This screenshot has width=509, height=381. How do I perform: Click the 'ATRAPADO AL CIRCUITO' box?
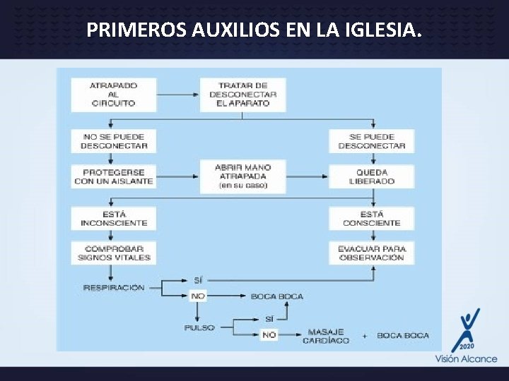click(113, 95)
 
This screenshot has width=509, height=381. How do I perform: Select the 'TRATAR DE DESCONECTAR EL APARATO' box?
click(242, 95)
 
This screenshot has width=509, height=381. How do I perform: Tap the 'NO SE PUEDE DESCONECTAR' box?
click(113, 141)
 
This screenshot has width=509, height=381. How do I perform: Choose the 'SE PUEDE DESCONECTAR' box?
click(371, 141)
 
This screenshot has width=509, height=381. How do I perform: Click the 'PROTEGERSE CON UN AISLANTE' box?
click(113, 176)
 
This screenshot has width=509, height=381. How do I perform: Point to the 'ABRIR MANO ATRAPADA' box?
click(242, 176)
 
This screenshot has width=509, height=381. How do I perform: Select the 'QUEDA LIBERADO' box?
click(371, 176)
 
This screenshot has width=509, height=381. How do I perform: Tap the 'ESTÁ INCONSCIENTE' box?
click(113, 218)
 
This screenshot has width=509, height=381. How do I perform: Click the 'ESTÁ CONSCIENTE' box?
click(371, 218)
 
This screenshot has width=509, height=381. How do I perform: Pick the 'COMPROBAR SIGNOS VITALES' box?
click(113, 253)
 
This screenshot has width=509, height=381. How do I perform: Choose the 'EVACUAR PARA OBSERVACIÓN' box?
click(371, 253)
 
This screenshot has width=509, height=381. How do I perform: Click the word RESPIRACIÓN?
click(113, 288)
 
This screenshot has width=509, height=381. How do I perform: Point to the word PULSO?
click(199, 328)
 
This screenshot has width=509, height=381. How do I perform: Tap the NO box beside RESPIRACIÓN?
click(198, 296)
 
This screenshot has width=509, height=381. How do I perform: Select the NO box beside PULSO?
click(269, 335)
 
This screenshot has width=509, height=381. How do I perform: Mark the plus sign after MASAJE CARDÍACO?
click(365, 336)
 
